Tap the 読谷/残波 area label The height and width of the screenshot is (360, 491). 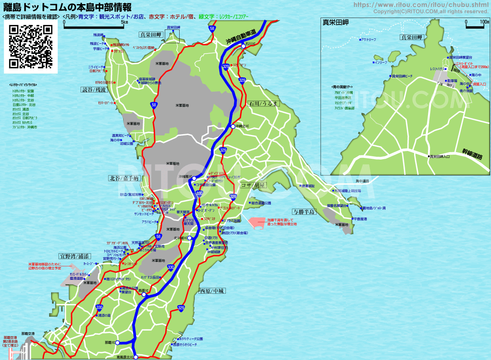(94, 90)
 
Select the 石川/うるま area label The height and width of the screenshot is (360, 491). (264, 103)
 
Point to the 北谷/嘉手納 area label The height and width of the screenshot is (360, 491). (124, 178)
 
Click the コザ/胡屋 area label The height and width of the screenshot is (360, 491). (253, 185)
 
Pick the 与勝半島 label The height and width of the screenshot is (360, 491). (304, 211)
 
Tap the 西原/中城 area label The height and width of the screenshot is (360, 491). (212, 291)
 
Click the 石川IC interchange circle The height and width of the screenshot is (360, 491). (243, 46)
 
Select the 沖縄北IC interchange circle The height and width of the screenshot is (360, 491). (232, 126)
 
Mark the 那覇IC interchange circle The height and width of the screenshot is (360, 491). (117, 343)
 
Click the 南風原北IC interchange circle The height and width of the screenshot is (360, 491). (136, 357)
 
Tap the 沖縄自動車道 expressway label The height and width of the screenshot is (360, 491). (243, 36)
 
